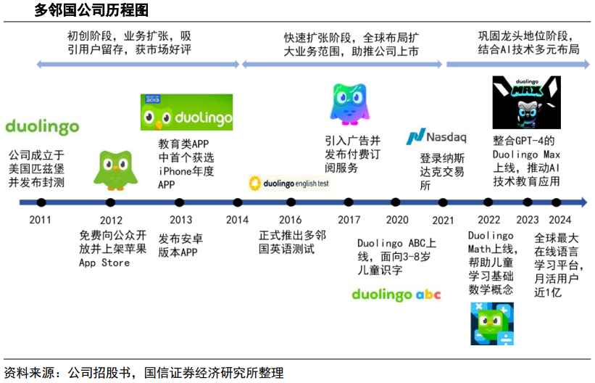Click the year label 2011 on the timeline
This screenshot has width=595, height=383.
click(41, 220)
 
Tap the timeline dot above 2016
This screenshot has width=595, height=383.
click(291, 202)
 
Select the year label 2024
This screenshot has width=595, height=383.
click(560, 220)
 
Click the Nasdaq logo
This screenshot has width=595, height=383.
click(436, 136)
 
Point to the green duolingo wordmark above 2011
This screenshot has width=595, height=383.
click(42, 127)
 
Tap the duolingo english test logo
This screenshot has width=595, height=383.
click(289, 184)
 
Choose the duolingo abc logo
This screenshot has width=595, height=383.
click(396, 294)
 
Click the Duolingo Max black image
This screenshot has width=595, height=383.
click(526, 102)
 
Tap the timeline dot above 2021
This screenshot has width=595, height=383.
click(443, 202)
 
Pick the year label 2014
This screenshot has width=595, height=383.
click(237, 220)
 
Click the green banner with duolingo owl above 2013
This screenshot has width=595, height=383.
click(186, 112)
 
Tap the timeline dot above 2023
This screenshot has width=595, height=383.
click(527, 202)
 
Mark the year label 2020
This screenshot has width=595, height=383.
click(396, 220)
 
